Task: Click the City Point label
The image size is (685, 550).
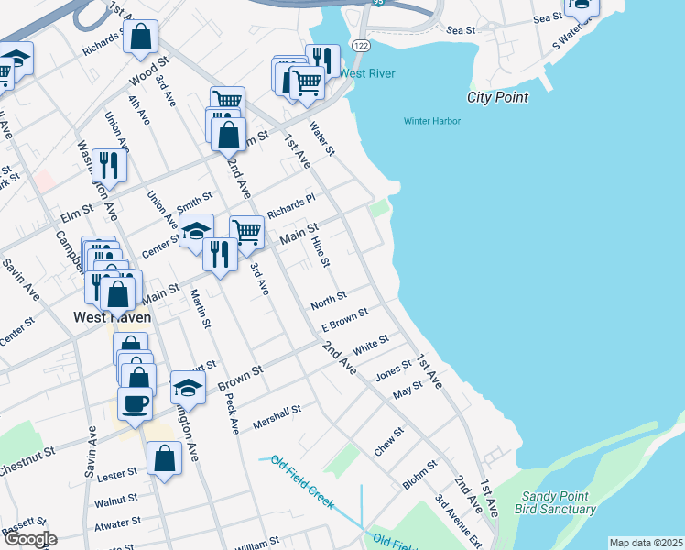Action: point(497,97)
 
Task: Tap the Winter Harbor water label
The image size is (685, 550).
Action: point(432,121)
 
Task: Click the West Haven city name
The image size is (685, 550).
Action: point(112,318)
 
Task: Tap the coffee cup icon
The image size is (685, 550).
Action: point(135,402)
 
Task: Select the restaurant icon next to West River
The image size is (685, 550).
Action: point(321,59)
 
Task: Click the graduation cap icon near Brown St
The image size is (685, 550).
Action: point(188,387)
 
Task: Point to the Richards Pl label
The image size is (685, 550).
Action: point(290,204)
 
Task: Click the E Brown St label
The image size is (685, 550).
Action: point(344,320)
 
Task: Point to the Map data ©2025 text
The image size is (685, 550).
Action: point(645,543)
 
